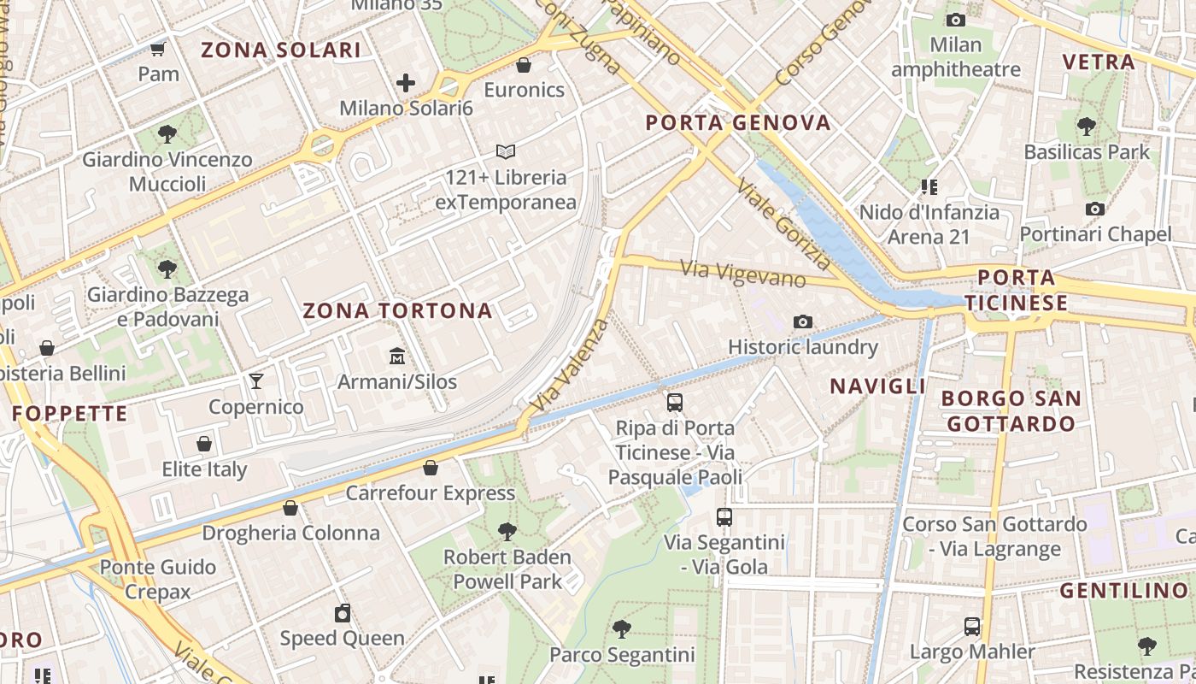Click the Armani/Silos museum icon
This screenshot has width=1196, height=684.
tap(397, 356)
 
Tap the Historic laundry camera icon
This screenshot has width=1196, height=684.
tap(802, 321)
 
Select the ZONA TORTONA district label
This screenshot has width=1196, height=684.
tap(398, 310)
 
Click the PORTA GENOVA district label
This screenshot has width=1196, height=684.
tap(738, 122)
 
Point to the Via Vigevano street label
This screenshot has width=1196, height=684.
tap(743, 274)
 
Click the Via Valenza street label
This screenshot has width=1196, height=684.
tap(570, 363)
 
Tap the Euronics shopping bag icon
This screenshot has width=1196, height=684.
tap(524, 65)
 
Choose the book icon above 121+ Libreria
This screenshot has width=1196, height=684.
tap(506, 151)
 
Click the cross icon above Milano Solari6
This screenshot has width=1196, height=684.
tap(406, 83)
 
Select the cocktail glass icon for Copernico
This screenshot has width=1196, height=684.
tap(255, 380)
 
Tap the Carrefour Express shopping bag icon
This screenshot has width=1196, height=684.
tap(431, 468)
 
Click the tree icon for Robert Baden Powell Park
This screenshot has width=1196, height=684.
tap(507, 531)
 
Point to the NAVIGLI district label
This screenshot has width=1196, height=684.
tap(878, 386)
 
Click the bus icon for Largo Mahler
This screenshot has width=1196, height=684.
tap(972, 626)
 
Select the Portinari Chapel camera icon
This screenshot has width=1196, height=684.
tap(1094, 209)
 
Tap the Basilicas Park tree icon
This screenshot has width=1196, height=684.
tap(1086, 127)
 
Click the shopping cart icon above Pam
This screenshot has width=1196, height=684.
tap(157, 49)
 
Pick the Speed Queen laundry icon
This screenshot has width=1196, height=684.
tap(343, 613)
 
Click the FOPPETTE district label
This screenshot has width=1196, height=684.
tap(70, 414)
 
